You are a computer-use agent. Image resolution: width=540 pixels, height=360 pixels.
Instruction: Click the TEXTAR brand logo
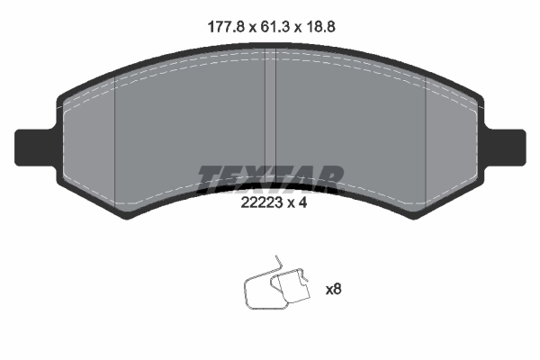pos(270,176)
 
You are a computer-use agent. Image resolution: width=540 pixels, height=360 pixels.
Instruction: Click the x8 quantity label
pos(333,289)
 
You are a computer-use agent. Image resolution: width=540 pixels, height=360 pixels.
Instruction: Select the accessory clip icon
pos(275,288)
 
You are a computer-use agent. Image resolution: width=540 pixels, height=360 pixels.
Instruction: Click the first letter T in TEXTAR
pos(210,176)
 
